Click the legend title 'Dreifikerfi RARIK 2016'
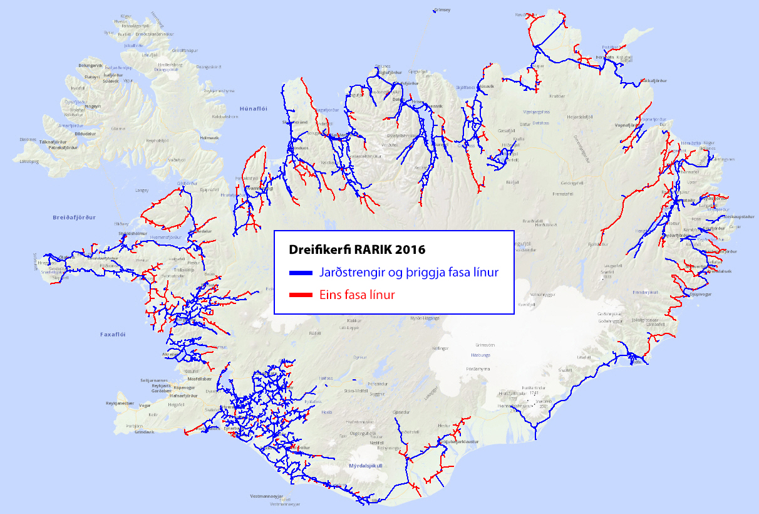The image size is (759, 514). (357, 249)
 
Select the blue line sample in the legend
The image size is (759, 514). (301, 274)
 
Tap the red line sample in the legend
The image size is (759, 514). (301, 295)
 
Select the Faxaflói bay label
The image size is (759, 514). (113, 335)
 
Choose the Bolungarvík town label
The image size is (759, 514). (90, 65)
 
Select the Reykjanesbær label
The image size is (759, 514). (120, 403)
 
